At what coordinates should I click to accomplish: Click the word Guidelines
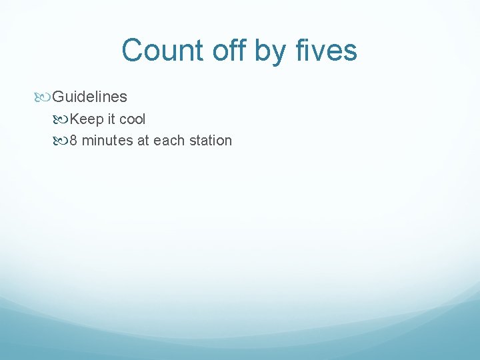click(89, 97)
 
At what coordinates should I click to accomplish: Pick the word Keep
click(85, 119)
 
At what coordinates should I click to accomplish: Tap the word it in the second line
click(111, 119)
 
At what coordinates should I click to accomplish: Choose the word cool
click(133, 119)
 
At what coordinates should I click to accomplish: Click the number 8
click(73, 141)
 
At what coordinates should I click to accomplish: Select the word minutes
click(107, 141)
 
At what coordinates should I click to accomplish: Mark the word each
click(169, 141)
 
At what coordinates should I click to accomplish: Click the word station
click(211, 141)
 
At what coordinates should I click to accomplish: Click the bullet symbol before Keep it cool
click(61, 120)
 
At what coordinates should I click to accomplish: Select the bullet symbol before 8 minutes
click(61, 141)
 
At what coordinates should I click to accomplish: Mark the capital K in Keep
click(74, 119)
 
